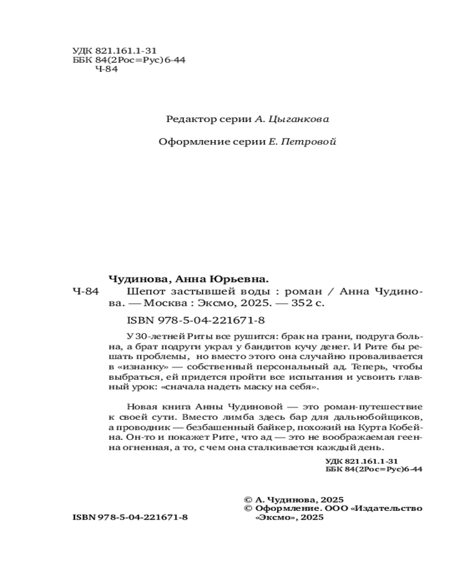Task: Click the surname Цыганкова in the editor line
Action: pyautogui.click(x=299, y=119)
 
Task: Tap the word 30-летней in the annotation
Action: pyautogui.click(x=156, y=335)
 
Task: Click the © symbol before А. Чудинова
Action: pyautogui.click(x=247, y=498)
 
